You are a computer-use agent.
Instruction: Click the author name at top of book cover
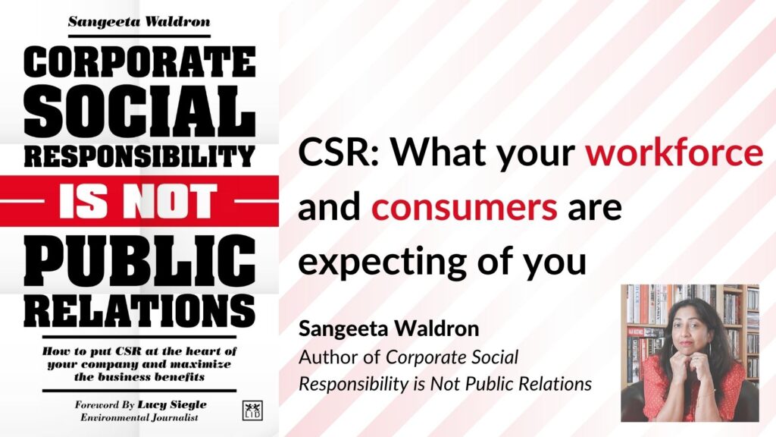click(x=139, y=22)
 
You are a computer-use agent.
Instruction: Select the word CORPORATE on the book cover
click(x=139, y=62)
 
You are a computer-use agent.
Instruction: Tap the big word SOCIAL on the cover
click(x=139, y=112)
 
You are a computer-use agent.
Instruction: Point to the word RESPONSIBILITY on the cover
click(x=139, y=157)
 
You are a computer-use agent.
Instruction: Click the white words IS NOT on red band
click(x=138, y=201)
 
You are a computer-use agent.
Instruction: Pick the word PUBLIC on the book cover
click(x=139, y=261)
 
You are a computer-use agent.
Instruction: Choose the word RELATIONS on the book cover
click(x=139, y=311)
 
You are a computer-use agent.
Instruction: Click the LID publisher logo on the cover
click(x=252, y=410)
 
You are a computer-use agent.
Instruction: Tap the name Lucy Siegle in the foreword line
click(x=172, y=405)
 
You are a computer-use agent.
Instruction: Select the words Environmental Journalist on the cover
click(x=139, y=418)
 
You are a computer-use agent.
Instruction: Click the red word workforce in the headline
click(x=674, y=152)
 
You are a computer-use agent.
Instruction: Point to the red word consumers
click(x=465, y=208)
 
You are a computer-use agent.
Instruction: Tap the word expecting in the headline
click(x=383, y=262)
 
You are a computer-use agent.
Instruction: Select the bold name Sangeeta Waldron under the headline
click(x=389, y=329)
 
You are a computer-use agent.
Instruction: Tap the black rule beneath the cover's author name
click(x=139, y=36)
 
